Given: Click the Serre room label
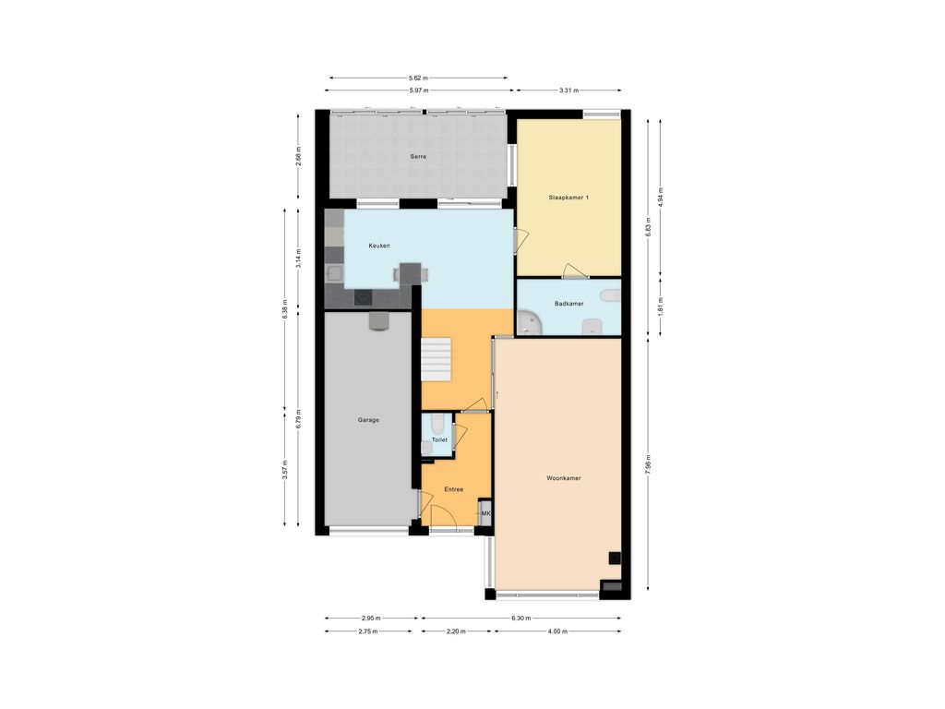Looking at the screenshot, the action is (x=418, y=157).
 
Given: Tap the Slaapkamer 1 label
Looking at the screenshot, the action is (x=568, y=198).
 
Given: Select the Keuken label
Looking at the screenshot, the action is (x=379, y=246).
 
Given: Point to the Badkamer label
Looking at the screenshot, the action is (x=568, y=304).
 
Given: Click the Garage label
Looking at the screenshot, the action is (x=368, y=420).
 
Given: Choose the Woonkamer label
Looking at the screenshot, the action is (x=564, y=479).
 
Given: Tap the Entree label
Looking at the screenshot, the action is (x=454, y=489).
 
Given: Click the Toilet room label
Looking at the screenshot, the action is (x=439, y=440).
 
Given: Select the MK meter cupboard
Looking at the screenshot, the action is (x=485, y=512).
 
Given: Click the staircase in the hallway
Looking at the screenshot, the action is (x=436, y=359).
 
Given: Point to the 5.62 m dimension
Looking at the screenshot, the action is (x=418, y=78).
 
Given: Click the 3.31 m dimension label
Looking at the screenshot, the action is (x=568, y=90).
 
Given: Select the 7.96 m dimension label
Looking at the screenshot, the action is (x=648, y=464).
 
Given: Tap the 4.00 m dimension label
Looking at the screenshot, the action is (x=557, y=631).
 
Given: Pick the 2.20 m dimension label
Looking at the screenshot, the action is (x=456, y=631).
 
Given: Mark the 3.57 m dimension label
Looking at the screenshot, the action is (x=285, y=470).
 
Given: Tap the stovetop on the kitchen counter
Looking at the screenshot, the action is (x=363, y=298).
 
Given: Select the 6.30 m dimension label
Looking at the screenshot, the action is (x=520, y=618).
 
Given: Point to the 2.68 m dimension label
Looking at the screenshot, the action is (x=298, y=156).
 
